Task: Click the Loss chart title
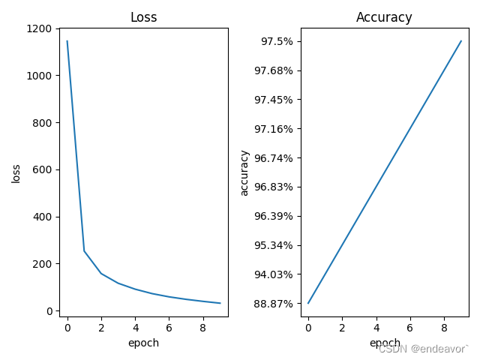tap(143, 17)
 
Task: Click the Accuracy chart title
tap(384, 17)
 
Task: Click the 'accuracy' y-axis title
tap(244, 172)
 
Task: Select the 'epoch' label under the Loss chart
tap(143, 343)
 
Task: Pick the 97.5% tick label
tap(277, 41)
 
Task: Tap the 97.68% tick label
tap(274, 70)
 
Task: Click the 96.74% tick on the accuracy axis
tap(274, 158)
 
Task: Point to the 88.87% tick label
tap(274, 304)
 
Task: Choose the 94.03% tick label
tap(274, 274)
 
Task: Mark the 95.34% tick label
tap(274, 245)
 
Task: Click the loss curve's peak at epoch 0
tap(67, 41)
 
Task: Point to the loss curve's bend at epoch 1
tap(84, 250)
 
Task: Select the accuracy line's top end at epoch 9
tap(461, 41)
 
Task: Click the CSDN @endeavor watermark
tap(423, 349)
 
